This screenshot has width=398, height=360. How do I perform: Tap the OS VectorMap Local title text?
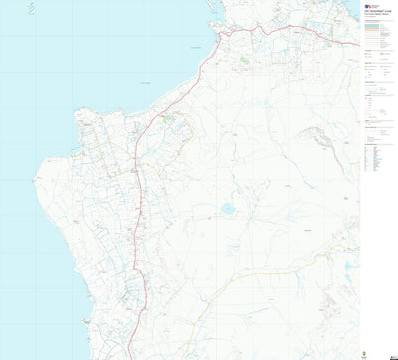click(x=378, y=13)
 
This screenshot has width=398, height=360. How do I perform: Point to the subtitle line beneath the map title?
click(x=377, y=17)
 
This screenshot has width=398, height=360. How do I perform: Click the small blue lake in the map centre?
click(x=227, y=209)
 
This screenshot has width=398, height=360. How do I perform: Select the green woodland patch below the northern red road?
click(x=244, y=60)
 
